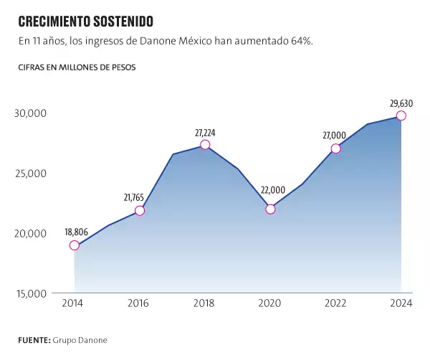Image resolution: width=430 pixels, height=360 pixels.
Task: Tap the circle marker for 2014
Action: tap(75, 245)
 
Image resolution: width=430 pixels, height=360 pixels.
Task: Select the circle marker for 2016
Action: tap(140, 210)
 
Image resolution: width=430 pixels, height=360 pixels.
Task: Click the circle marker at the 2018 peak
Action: tap(205, 145)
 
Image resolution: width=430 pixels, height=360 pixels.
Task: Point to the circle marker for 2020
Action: tap(270, 209)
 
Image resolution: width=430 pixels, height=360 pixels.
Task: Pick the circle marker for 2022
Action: tap(335, 148)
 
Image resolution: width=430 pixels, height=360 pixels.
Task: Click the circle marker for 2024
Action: tap(401, 115)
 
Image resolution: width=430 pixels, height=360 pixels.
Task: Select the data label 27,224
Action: tap(206, 133)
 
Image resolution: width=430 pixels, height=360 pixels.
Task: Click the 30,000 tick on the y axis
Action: tap(30, 113)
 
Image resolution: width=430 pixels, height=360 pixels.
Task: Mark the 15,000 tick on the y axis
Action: tap(30, 293)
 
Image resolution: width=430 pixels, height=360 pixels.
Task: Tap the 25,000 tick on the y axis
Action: tap(30, 173)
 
